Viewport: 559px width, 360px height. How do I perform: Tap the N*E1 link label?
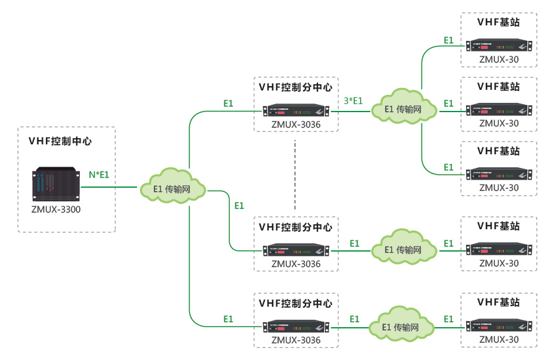(x=99, y=175)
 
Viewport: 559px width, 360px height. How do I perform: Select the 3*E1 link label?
(x=353, y=101)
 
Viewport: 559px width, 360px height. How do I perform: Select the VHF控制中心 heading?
(x=60, y=141)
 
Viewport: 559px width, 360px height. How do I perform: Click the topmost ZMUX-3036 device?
(x=296, y=112)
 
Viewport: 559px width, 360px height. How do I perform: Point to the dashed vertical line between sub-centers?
(x=296, y=175)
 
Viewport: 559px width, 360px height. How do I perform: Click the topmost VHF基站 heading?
(x=499, y=22)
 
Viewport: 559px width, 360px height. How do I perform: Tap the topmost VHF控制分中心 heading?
(x=296, y=87)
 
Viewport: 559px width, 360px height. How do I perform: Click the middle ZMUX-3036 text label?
(x=296, y=264)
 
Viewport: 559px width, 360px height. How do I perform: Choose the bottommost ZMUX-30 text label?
(x=499, y=340)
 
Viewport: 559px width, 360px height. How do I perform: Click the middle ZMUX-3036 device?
(x=296, y=251)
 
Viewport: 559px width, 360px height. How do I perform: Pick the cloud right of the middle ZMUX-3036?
(x=403, y=250)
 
